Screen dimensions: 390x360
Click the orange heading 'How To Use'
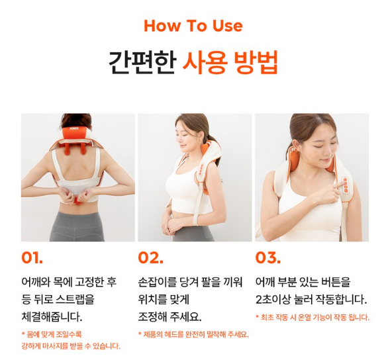(x=193, y=26)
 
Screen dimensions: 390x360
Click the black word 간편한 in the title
(x=142, y=62)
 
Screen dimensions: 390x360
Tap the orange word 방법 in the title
(x=256, y=62)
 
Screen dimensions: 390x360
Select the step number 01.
(x=32, y=257)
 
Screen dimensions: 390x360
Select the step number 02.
(x=151, y=257)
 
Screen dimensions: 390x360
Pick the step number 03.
(x=268, y=257)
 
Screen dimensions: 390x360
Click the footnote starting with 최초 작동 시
(x=313, y=317)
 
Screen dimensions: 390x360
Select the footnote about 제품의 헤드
(x=193, y=334)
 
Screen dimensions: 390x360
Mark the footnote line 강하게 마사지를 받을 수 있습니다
(x=71, y=346)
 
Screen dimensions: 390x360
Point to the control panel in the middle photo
(x=201, y=170)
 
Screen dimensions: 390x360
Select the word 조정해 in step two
(x=152, y=316)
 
